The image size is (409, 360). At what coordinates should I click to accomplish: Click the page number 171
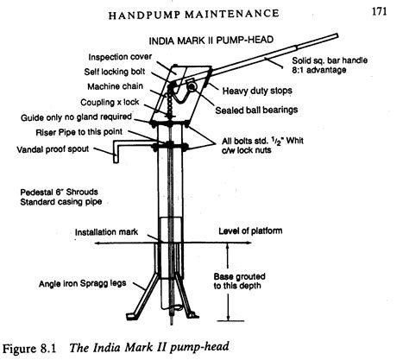[x=379, y=11]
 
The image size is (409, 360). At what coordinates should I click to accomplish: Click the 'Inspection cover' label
[x=120, y=57]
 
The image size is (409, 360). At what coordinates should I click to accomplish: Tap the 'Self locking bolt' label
[x=115, y=72]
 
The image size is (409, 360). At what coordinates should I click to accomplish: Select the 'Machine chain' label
[x=115, y=86]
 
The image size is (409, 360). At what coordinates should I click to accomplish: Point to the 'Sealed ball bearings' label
[x=256, y=110]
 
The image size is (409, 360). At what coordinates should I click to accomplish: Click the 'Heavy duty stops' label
[x=257, y=91]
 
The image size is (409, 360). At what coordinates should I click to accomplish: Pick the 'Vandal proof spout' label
[x=53, y=149]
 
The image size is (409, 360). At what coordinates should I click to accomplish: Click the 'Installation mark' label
[x=106, y=232]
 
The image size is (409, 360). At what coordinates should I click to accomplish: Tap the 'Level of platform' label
[x=250, y=231]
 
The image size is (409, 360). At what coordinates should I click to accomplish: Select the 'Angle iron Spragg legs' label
[x=83, y=283]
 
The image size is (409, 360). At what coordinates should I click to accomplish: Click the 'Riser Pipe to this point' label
[x=79, y=132]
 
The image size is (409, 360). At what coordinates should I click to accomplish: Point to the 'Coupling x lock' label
[x=110, y=102]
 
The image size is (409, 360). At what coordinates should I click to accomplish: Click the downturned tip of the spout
[x=116, y=161]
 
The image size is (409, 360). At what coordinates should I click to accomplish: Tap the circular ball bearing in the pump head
[x=192, y=86]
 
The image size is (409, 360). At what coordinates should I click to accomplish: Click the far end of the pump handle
[x=336, y=36]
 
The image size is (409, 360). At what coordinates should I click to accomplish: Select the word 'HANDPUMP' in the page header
[x=144, y=16]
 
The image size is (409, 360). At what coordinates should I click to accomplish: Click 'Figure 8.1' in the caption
[x=28, y=349]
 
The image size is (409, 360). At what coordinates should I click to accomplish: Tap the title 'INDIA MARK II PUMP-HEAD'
[x=211, y=40]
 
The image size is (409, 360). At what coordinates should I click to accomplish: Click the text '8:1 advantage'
[x=318, y=70]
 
